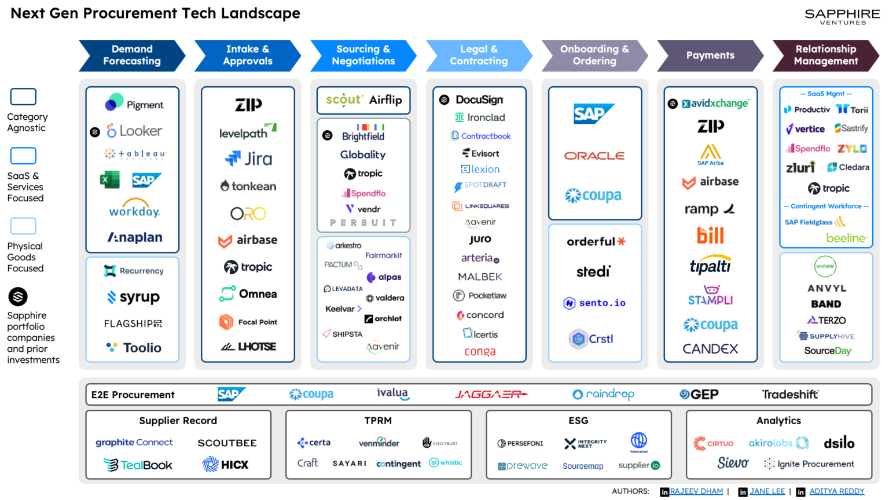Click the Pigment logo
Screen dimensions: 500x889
[x=134, y=104]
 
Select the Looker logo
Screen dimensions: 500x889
[x=134, y=131]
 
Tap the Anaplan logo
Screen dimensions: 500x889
[x=135, y=237]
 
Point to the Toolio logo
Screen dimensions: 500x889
[x=134, y=347]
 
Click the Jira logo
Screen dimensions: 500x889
[x=248, y=159]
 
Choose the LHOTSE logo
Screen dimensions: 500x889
[x=248, y=347]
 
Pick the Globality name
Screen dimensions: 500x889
[x=363, y=155]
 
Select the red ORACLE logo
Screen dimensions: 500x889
[x=594, y=156]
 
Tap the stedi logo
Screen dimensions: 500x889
[x=593, y=271]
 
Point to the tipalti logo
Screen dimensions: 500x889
[x=710, y=266]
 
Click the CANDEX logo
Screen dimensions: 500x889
[x=710, y=348]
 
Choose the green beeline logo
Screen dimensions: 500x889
[x=846, y=238]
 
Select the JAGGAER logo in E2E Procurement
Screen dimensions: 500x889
[x=491, y=394]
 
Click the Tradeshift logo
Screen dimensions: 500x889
[x=790, y=395]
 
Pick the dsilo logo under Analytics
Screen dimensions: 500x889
[x=839, y=443]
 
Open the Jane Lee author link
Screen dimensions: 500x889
[x=767, y=491]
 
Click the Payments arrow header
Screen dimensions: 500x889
[x=710, y=56]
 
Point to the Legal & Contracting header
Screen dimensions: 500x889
[x=479, y=56]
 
